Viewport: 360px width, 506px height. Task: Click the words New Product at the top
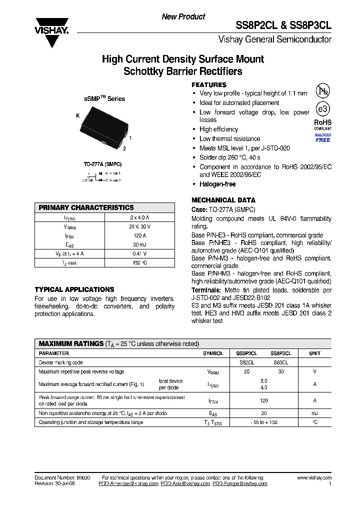pos(183,17)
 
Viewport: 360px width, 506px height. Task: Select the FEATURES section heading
pos(209,85)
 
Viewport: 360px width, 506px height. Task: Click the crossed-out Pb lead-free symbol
pos(323,91)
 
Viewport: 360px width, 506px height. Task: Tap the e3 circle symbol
pos(323,109)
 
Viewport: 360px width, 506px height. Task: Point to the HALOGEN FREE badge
pos(323,138)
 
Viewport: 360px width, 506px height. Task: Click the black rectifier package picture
pos(102,129)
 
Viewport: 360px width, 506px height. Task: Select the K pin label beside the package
pos(78,116)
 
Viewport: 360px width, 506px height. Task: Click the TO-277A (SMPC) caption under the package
pos(102,164)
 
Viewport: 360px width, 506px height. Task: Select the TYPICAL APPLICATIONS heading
pos(74,289)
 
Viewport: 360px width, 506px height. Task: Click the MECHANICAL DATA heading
pos(223,200)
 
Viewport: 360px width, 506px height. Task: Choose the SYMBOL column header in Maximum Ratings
pos(213,353)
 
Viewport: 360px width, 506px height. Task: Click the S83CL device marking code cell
pos(280,362)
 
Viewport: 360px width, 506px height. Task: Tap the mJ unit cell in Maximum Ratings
pos(314,413)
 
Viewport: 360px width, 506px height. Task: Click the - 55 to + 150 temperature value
pos(264,422)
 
